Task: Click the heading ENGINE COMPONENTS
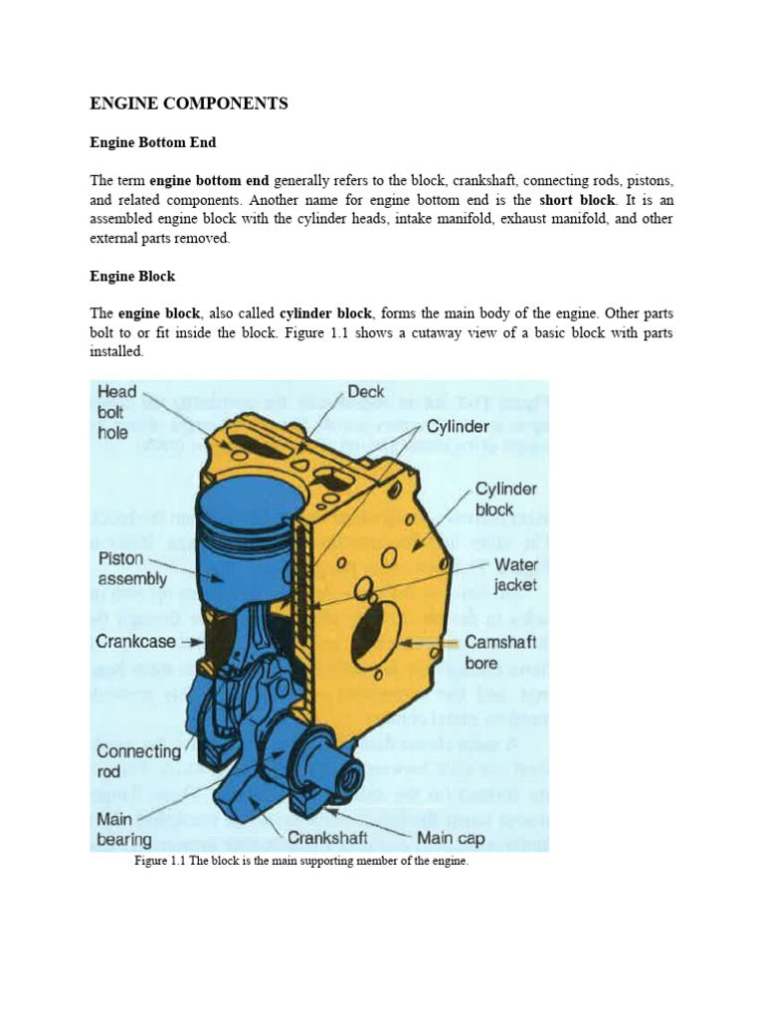point(189,103)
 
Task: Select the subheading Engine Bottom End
point(153,142)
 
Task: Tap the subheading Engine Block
point(132,276)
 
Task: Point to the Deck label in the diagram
point(365,391)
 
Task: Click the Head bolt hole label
point(116,411)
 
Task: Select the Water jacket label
point(515,575)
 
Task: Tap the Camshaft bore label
point(500,653)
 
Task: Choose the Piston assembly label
point(131,568)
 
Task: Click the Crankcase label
point(135,643)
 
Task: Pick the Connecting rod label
point(138,761)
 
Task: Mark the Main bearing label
point(123,830)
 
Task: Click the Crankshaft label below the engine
point(328,838)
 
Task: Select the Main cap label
point(451,838)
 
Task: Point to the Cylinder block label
point(505,500)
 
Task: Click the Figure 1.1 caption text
point(300,862)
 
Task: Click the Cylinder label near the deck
point(458,427)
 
